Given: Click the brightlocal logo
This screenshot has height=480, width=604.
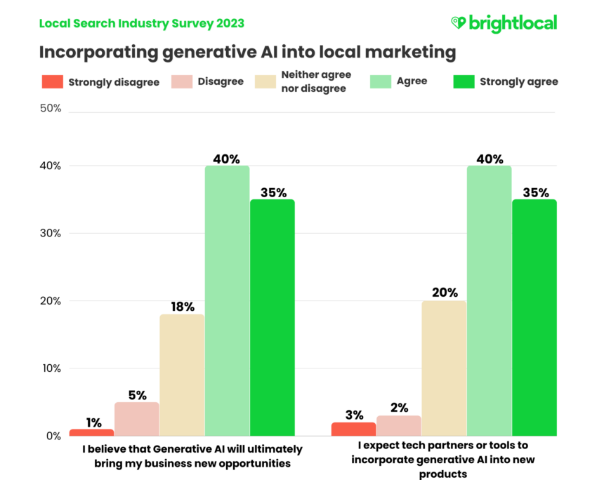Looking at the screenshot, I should point(504,23).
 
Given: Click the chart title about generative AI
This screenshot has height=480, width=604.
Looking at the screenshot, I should point(247,52).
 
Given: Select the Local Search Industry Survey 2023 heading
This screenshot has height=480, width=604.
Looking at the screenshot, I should point(142,23).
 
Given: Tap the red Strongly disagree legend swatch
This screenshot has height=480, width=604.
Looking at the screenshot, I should point(52,81).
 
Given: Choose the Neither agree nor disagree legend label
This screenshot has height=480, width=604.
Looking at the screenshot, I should point(315,81).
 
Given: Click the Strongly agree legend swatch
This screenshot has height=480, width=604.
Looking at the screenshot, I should point(463,81).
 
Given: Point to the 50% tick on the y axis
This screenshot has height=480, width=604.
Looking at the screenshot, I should point(52,109).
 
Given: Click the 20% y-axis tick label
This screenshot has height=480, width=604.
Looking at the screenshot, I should point(52,301).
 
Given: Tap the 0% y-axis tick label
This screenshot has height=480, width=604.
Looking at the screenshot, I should point(54,436).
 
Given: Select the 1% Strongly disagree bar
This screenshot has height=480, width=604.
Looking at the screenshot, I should point(91,432).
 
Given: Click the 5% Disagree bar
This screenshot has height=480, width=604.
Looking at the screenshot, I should point(137,419).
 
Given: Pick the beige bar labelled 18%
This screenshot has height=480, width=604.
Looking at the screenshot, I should point(182,375).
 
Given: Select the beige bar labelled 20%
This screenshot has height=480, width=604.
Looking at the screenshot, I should point(444,368).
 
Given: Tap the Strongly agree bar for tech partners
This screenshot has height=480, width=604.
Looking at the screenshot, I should point(534,317).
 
